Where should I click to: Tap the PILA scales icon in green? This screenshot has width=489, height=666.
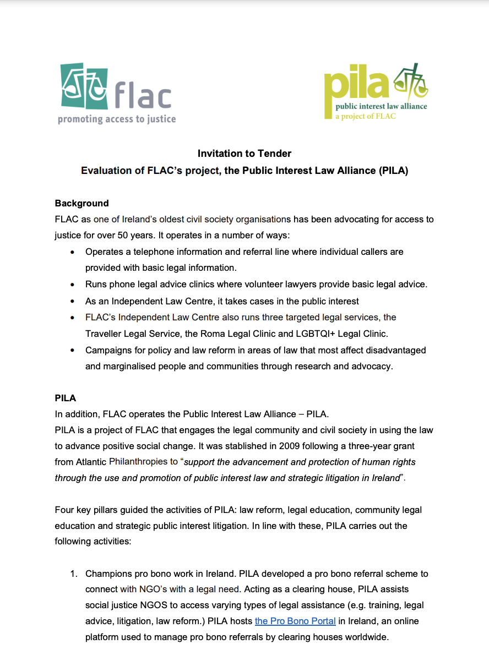pos(410,83)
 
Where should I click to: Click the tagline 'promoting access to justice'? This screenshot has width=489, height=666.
pos(117,119)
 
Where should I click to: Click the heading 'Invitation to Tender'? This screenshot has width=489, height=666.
pos(244,154)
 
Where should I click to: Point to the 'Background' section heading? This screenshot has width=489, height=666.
pos(81,203)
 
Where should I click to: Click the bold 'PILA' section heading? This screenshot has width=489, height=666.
pos(66,398)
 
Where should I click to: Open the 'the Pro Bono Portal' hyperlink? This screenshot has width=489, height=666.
pos(295,621)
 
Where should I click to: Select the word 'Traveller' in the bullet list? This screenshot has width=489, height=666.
pos(104,334)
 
